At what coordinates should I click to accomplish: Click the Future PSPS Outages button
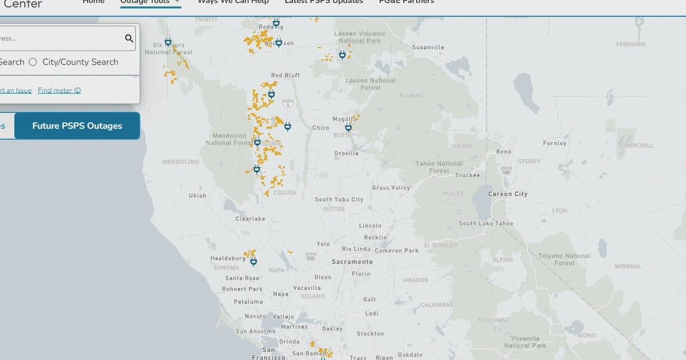pyautogui.click(x=77, y=126)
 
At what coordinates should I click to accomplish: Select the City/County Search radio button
pyautogui.click(x=33, y=62)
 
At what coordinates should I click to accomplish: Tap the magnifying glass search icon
pyautogui.click(x=129, y=38)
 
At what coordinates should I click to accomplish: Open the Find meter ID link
pyautogui.click(x=59, y=90)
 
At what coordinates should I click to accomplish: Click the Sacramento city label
pyautogui.click(x=352, y=262)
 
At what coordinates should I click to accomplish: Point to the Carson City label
pyautogui.click(x=508, y=194)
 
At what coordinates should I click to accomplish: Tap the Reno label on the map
pyautogui.click(x=504, y=152)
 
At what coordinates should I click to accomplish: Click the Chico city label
pyautogui.click(x=321, y=128)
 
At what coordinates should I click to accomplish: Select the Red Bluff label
pyautogui.click(x=285, y=75)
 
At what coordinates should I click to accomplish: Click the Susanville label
pyautogui.click(x=428, y=47)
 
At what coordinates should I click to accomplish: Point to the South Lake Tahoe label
pyautogui.click(x=486, y=223)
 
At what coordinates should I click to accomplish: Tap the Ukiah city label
pyautogui.click(x=198, y=196)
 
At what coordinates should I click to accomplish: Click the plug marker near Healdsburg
pyautogui.click(x=253, y=262)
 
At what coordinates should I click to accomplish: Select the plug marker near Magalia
pyautogui.click(x=348, y=127)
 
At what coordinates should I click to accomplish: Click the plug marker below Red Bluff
pyautogui.click(x=272, y=95)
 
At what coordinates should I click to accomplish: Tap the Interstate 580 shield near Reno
pyautogui.click(x=506, y=171)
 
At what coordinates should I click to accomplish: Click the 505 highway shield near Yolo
pyautogui.click(x=310, y=257)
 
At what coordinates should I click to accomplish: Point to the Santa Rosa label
pyautogui.click(x=242, y=278)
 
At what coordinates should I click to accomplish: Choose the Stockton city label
pyautogui.click(x=370, y=334)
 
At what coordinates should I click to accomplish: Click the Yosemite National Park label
pyautogui.click(x=525, y=342)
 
